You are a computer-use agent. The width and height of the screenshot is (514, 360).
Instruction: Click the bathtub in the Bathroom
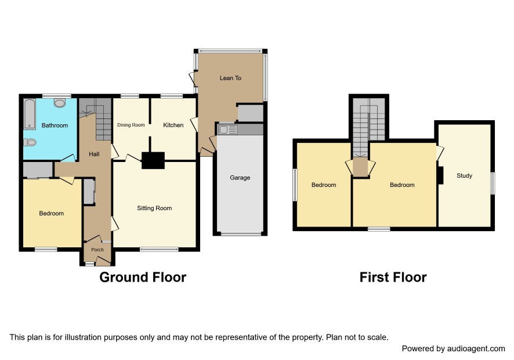point(30,114)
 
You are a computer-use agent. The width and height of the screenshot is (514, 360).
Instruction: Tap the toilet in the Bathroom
point(30,142)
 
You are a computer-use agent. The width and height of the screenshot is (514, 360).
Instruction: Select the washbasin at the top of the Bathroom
point(60,103)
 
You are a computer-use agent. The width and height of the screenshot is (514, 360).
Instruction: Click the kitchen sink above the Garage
point(227,129)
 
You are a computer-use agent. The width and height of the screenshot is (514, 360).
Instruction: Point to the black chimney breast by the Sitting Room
point(153,160)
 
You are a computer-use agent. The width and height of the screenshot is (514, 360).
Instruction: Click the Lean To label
point(230,78)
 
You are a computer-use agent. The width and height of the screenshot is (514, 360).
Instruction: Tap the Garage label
point(240,178)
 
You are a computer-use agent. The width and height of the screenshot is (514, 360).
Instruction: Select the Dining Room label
point(131,125)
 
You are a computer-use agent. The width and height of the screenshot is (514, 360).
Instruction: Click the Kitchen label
point(173,125)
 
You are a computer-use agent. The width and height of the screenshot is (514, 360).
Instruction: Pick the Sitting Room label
point(154,208)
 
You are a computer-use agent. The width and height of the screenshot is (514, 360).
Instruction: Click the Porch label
point(97,250)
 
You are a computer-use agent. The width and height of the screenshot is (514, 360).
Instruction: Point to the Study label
point(465,175)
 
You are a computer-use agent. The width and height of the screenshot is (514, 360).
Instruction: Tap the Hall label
point(94,154)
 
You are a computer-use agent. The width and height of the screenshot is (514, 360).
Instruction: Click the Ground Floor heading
point(143,278)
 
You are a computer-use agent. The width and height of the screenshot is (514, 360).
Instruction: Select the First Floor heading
point(393,278)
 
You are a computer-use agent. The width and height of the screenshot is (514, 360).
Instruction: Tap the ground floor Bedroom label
point(52,213)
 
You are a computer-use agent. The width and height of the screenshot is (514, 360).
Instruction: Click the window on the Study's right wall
point(493,183)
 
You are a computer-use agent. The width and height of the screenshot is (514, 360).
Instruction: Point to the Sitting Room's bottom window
point(160,250)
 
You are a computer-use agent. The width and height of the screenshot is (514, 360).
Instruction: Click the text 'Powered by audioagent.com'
point(453,348)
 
